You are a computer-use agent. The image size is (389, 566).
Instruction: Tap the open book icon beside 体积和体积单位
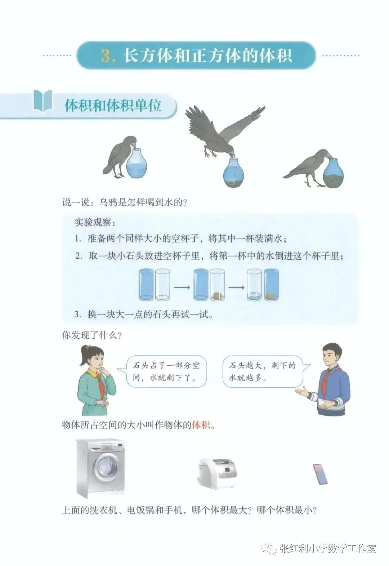point(43,101)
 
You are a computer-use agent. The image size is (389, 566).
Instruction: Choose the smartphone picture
point(322,474)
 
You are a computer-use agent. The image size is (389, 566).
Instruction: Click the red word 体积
point(201,425)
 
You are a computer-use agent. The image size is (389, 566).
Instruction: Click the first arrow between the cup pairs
point(182,288)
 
